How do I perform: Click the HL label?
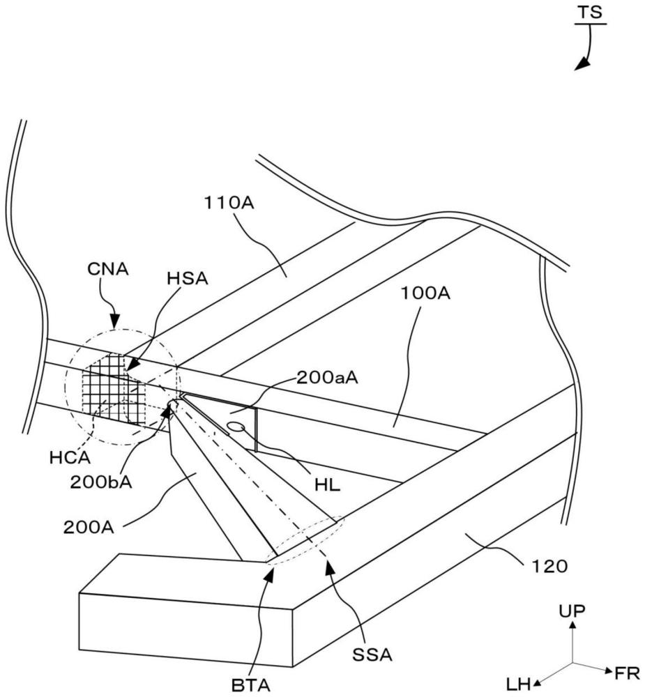[x=326, y=486]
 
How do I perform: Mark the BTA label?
[x=251, y=686]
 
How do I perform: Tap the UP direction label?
[x=572, y=611]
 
